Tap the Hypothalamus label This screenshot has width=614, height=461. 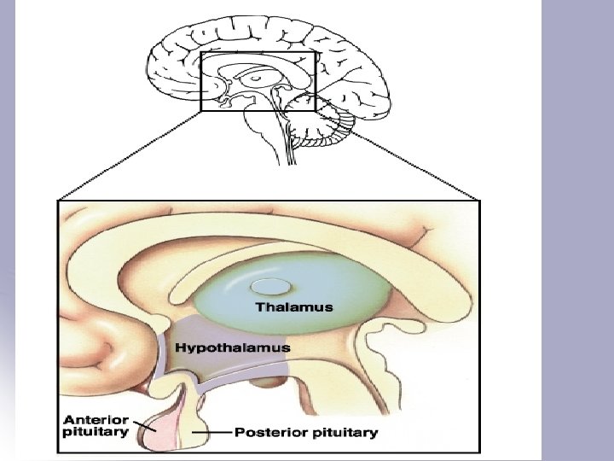click(232, 347)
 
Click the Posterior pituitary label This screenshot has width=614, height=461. click(306, 433)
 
